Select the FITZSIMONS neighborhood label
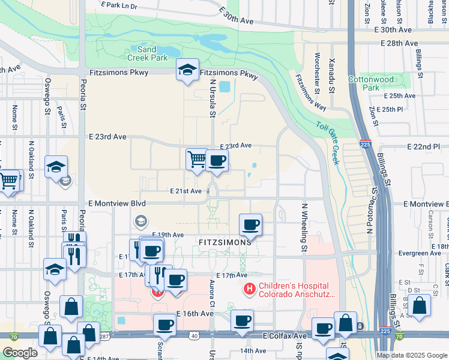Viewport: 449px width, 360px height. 224,242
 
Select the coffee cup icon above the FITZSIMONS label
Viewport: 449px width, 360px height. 250,225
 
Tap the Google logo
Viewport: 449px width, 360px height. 20,353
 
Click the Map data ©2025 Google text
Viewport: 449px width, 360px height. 411,355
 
